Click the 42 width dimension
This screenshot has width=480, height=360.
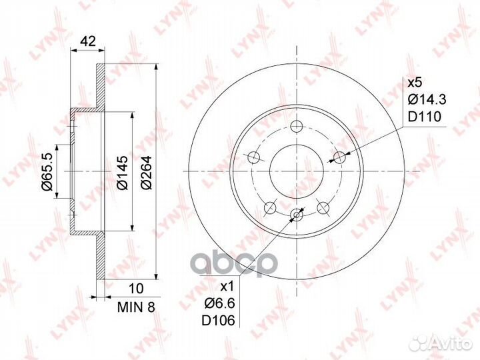point(88,41)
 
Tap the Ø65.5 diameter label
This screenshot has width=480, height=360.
point(49,172)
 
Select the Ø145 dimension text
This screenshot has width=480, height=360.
point(123,173)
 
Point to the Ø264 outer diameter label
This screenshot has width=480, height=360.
point(146,173)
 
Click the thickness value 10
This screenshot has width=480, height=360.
point(136,289)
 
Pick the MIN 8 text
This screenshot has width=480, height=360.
point(136,307)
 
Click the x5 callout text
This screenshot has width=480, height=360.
point(415,83)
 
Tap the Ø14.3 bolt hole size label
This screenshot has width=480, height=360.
point(427,99)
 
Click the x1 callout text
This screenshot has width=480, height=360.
point(227,287)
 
